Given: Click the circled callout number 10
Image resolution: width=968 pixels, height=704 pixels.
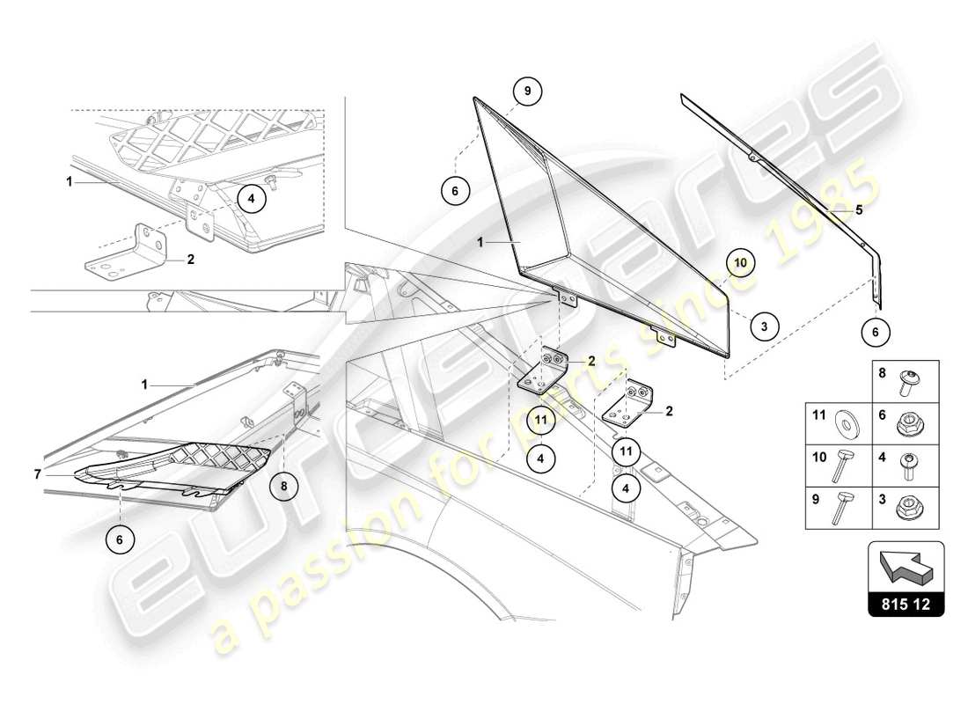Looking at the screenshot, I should (740, 262).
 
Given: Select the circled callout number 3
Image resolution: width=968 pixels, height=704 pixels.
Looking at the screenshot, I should (764, 326).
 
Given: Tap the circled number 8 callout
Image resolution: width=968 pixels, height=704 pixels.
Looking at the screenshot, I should (284, 484).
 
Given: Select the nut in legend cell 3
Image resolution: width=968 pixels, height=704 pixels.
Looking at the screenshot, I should (906, 508).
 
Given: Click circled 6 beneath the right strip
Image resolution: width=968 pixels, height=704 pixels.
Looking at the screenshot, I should (875, 332).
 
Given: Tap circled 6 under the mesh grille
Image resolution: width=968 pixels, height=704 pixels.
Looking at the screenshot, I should (120, 539).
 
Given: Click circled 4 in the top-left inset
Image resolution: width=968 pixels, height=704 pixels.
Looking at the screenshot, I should (251, 199).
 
